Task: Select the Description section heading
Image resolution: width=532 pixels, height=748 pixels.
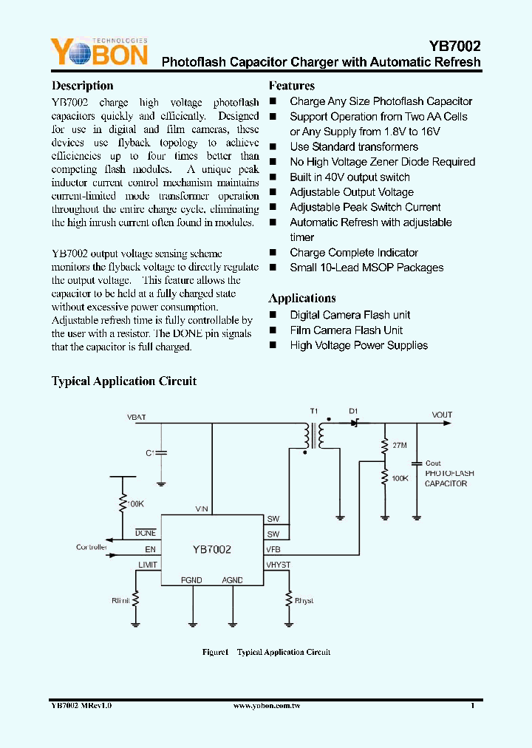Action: tap(82, 86)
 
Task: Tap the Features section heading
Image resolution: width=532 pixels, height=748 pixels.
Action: tap(291, 86)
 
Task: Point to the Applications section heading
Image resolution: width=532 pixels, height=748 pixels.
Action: tap(301, 298)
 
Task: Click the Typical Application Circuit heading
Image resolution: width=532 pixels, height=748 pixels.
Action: tap(123, 381)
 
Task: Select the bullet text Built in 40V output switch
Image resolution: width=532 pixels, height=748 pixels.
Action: tap(349, 177)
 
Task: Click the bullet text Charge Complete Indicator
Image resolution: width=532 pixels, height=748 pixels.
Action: tap(353, 253)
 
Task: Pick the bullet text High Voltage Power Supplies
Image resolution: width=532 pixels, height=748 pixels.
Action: tap(358, 345)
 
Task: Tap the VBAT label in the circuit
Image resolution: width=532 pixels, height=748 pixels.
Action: tap(137, 418)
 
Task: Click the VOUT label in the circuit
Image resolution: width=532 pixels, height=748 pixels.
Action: tap(442, 415)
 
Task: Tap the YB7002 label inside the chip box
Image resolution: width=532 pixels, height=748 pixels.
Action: tap(212, 549)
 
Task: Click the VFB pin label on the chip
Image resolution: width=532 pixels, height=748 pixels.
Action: tap(273, 550)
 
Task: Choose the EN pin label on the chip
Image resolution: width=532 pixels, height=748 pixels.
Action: tap(150, 550)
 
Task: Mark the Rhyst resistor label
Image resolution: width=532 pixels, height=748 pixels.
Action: tap(304, 601)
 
